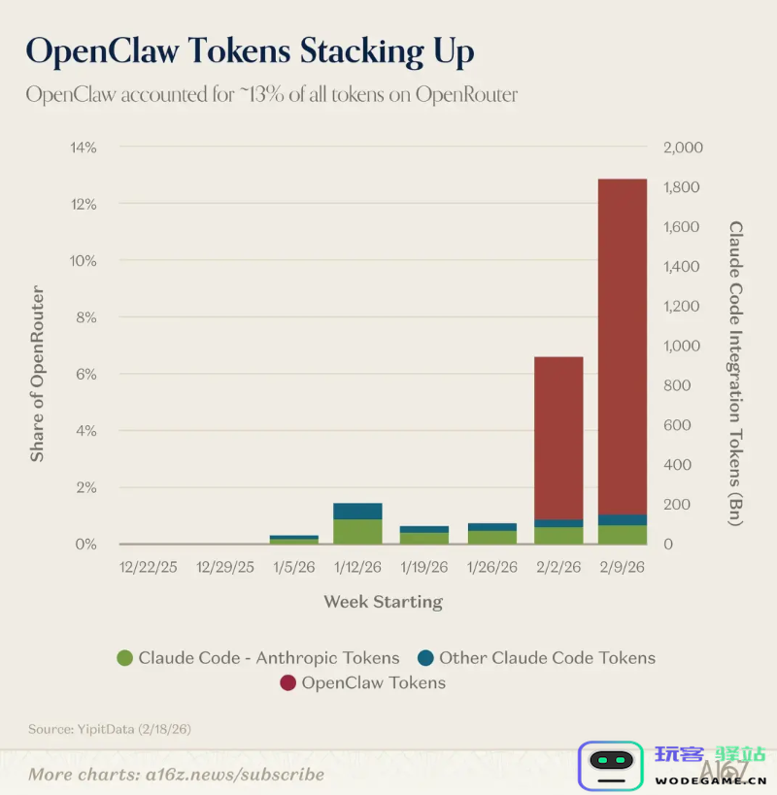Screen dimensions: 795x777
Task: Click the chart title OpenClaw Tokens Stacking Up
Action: click(x=250, y=50)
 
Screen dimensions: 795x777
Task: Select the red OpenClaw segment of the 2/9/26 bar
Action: click(x=623, y=345)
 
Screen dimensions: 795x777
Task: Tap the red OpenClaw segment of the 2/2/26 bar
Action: click(x=558, y=437)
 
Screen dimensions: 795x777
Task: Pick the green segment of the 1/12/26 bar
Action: click(x=357, y=531)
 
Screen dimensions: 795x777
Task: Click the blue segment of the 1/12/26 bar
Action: click(x=357, y=511)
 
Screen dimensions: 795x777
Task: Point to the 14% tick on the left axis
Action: click(x=83, y=148)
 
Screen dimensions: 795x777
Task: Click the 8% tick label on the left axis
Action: click(x=85, y=317)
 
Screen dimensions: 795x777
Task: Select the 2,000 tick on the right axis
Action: click(x=682, y=148)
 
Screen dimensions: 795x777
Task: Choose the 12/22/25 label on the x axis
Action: click(x=149, y=567)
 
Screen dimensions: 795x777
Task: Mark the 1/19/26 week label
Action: click(x=424, y=567)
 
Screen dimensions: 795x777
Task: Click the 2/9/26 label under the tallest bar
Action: click(x=623, y=567)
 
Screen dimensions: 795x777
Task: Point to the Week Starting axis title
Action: click(x=383, y=602)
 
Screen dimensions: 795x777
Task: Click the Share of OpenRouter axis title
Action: click(x=38, y=374)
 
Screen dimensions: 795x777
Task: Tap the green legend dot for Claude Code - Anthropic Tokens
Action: click(x=124, y=658)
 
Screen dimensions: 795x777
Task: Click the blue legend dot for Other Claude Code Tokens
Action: click(x=424, y=658)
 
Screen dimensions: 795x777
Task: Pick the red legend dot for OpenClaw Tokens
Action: click(x=287, y=683)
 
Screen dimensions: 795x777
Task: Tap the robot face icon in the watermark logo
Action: click(x=611, y=764)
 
